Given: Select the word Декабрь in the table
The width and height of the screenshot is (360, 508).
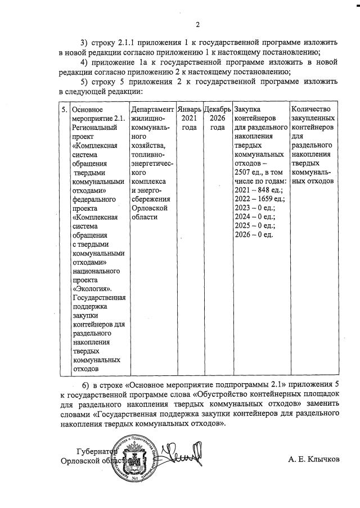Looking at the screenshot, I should point(217,108).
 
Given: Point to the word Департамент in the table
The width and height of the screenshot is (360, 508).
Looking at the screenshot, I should point(152,108).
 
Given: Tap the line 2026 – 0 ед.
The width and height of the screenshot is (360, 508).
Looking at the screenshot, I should point(254,234).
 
